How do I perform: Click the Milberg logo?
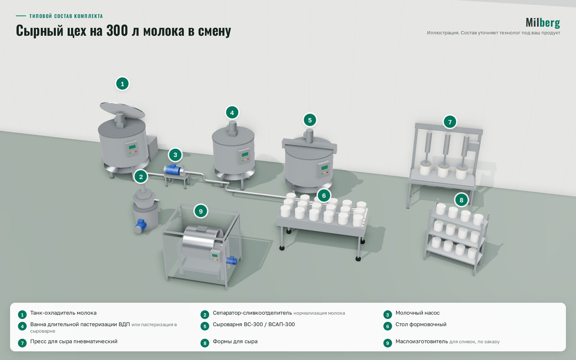pyautogui.click(x=543, y=23)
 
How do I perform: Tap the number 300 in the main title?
pyautogui.click(x=117, y=30)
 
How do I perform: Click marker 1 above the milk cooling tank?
pyautogui.click(x=122, y=84)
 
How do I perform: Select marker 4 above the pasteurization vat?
pyautogui.click(x=232, y=113)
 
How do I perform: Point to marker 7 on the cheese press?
pyautogui.click(x=450, y=122)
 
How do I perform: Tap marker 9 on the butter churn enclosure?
pyautogui.click(x=201, y=211)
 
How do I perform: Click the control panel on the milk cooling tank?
pyautogui.click(x=132, y=149)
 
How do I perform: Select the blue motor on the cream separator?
pyautogui.click(x=141, y=226)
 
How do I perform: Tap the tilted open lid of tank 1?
pyautogui.click(x=122, y=110)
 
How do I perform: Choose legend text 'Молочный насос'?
pyautogui.click(x=417, y=313)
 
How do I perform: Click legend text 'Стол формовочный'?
pyautogui.click(x=421, y=324)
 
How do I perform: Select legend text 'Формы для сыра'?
pyautogui.click(x=235, y=342)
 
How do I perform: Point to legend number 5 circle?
pyautogui.click(x=205, y=326)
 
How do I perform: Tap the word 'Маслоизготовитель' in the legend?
pyautogui.click(x=422, y=342)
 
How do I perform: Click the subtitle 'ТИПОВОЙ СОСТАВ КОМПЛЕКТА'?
pyautogui.click(x=66, y=16)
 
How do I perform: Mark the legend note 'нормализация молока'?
pyautogui.click(x=319, y=313)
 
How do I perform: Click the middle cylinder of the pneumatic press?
pyautogui.click(x=446, y=144)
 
